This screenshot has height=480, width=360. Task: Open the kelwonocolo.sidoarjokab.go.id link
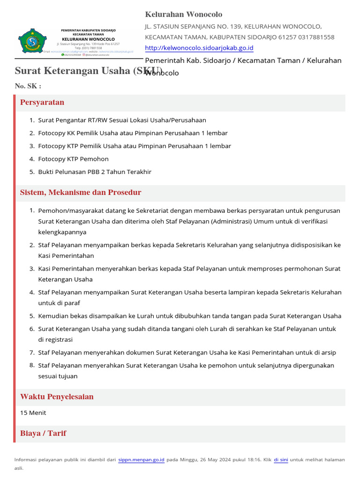[199, 48]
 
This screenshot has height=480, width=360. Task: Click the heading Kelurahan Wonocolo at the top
[184, 15]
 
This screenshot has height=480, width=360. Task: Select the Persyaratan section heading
[42, 103]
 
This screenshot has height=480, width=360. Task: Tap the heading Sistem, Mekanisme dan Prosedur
[81, 193]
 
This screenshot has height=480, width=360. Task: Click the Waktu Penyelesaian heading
[57, 397]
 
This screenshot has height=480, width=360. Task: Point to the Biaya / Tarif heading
[43, 433]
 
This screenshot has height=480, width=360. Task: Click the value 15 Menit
[33, 413]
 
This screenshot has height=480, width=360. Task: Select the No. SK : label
[28, 86]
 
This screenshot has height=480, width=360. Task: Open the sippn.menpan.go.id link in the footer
[141, 460]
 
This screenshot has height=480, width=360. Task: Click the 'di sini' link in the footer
[281, 460]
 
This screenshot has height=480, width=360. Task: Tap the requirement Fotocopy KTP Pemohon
[73, 159]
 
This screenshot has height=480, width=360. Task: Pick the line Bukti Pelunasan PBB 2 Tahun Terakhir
[95, 172]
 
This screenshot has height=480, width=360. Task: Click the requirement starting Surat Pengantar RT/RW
[122, 120]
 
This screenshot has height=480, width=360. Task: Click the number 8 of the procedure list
[32, 365]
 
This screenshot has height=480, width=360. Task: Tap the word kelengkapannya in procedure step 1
[62, 232]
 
